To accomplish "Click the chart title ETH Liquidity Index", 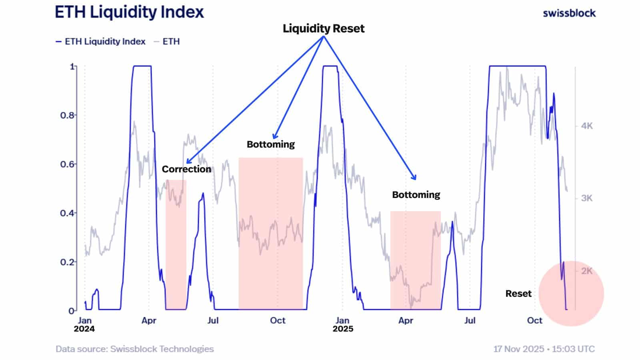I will pyautogui.click(x=129, y=12).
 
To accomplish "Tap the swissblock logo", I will pyautogui.click(x=569, y=13).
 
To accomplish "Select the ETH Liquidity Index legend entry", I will pyautogui.click(x=100, y=42).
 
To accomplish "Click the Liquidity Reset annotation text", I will pyautogui.click(x=323, y=28).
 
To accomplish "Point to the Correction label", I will pyautogui.click(x=186, y=169).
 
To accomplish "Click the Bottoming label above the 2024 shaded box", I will pyautogui.click(x=270, y=144).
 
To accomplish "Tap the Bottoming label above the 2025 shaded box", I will pyautogui.click(x=416, y=195).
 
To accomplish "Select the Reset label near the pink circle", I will pyautogui.click(x=518, y=294).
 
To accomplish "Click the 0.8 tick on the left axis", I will pyautogui.click(x=67, y=115).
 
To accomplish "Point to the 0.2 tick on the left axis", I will pyautogui.click(x=67, y=262).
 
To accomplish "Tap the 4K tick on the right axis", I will pyautogui.click(x=586, y=126).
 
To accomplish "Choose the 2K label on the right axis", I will pyautogui.click(x=586, y=271).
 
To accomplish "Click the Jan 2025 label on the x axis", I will pyautogui.click(x=342, y=324).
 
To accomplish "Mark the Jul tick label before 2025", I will pyautogui.click(x=213, y=320).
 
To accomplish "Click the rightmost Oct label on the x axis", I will pyautogui.click(x=534, y=320).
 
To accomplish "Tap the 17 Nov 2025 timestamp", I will pyautogui.click(x=544, y=349).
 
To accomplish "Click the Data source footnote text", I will pyautogui.click(x=134, y=349).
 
